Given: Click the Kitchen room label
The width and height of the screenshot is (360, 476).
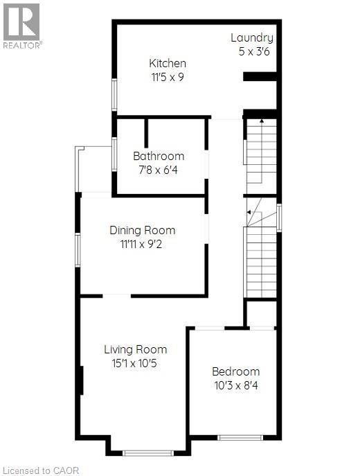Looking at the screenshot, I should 168,63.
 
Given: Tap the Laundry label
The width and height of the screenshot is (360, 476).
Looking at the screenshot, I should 251,38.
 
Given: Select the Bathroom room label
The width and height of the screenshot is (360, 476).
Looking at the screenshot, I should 159,156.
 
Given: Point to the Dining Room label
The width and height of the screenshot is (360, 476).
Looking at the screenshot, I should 142,230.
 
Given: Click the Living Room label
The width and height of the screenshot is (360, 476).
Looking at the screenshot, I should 135,349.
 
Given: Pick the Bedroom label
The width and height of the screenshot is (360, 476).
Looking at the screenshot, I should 235,371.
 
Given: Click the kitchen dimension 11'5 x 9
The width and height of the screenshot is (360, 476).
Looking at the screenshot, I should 168,77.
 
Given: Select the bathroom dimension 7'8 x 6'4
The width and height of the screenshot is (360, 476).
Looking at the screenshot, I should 159,169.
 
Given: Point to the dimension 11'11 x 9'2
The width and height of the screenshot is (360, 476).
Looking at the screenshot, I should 142,243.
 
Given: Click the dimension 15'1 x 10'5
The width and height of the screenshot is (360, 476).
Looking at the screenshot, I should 135,362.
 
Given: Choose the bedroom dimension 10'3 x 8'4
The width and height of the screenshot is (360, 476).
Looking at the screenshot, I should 235,385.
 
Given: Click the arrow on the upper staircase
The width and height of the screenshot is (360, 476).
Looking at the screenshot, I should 261,121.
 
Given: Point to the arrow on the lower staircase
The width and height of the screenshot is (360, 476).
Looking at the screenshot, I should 248,213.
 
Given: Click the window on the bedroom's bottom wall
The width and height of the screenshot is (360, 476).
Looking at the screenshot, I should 240,437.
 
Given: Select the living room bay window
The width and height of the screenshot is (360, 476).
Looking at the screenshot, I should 147,453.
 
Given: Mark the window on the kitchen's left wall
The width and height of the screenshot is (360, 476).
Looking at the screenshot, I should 115,95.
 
